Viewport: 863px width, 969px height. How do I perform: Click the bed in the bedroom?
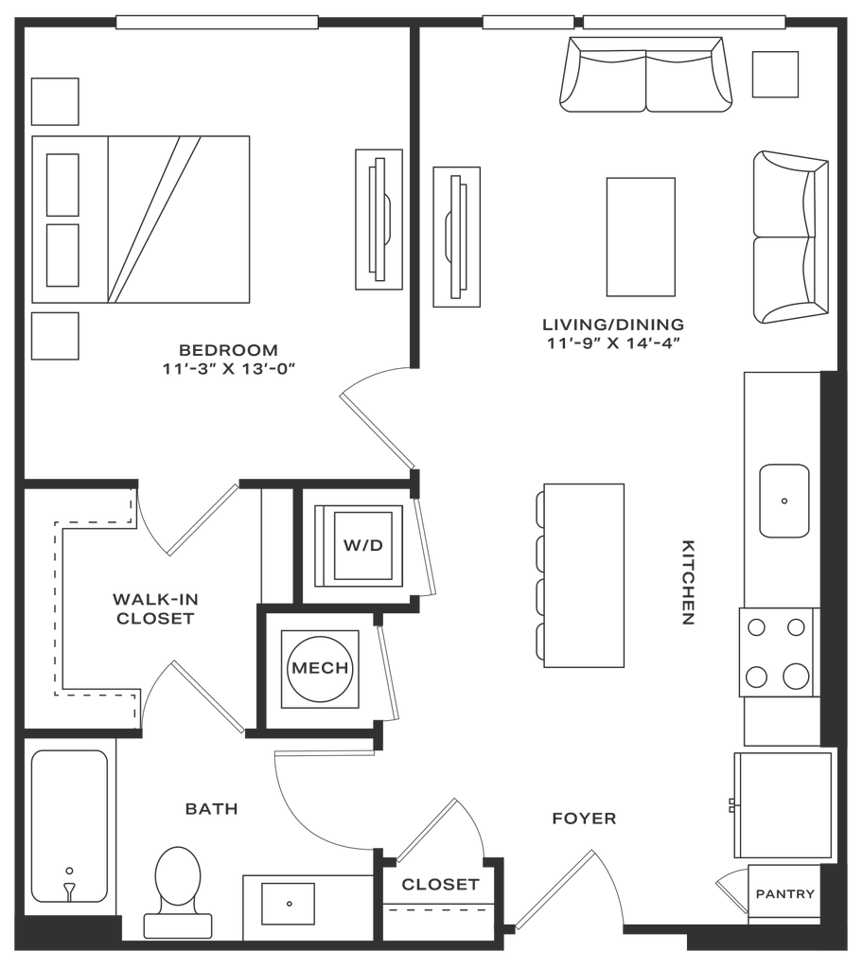142,220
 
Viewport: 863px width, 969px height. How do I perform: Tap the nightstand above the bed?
55,102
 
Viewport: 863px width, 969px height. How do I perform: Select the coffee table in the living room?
641,237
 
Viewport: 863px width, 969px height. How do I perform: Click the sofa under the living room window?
648,75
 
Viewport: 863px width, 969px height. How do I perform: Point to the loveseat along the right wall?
791,238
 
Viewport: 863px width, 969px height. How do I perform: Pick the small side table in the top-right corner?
775,74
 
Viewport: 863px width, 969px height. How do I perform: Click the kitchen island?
583,574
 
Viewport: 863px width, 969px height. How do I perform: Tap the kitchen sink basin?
784,501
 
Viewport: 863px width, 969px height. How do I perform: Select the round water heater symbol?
322,667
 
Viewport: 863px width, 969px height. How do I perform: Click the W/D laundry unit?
362,546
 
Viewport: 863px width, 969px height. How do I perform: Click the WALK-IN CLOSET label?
154,609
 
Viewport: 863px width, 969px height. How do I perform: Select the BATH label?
211,809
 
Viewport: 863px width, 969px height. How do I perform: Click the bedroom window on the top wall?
217,22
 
